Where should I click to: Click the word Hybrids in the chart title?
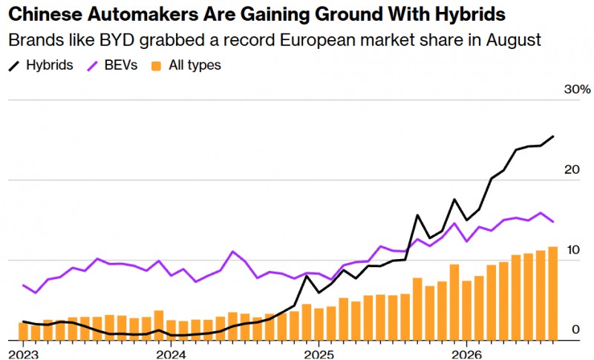tap(470, 15)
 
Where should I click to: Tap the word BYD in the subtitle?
tap(117, 40)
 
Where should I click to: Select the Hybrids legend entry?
tap(41, 65)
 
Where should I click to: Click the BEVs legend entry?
tap(112, 65)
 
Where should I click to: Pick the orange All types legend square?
tap(156, 66)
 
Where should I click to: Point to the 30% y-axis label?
tap(578, 89)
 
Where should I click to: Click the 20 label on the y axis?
tap(572, 169)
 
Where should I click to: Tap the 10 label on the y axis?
tap(572, 250)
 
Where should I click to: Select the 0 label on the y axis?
tap(576, 330)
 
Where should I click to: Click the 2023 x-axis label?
tap(24, 355)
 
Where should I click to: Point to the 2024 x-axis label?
tap(171, 355)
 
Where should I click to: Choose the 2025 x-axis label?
tap(319, 355)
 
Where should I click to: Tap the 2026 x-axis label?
tap(466, 355)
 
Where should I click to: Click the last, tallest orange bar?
tap(552, 293)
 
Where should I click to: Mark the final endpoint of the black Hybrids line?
tap(553, 137)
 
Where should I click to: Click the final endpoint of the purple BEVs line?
tap(553, 222)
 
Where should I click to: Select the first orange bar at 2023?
tap(24, 331)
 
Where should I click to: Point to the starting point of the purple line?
tap(24, 285)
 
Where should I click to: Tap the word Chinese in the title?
tap(45, 15)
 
